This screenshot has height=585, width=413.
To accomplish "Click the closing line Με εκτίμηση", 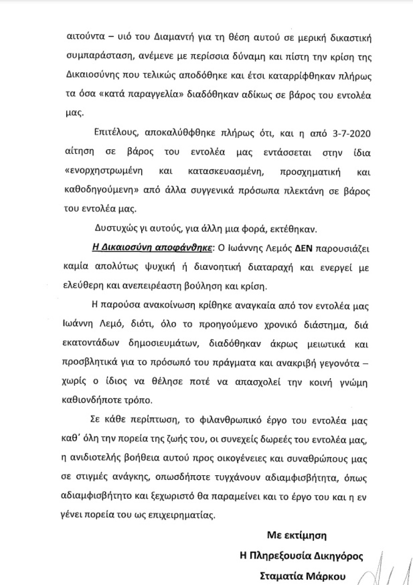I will (x=297, y=535).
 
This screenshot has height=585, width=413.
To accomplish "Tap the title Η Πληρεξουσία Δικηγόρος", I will (x=301, y=555).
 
